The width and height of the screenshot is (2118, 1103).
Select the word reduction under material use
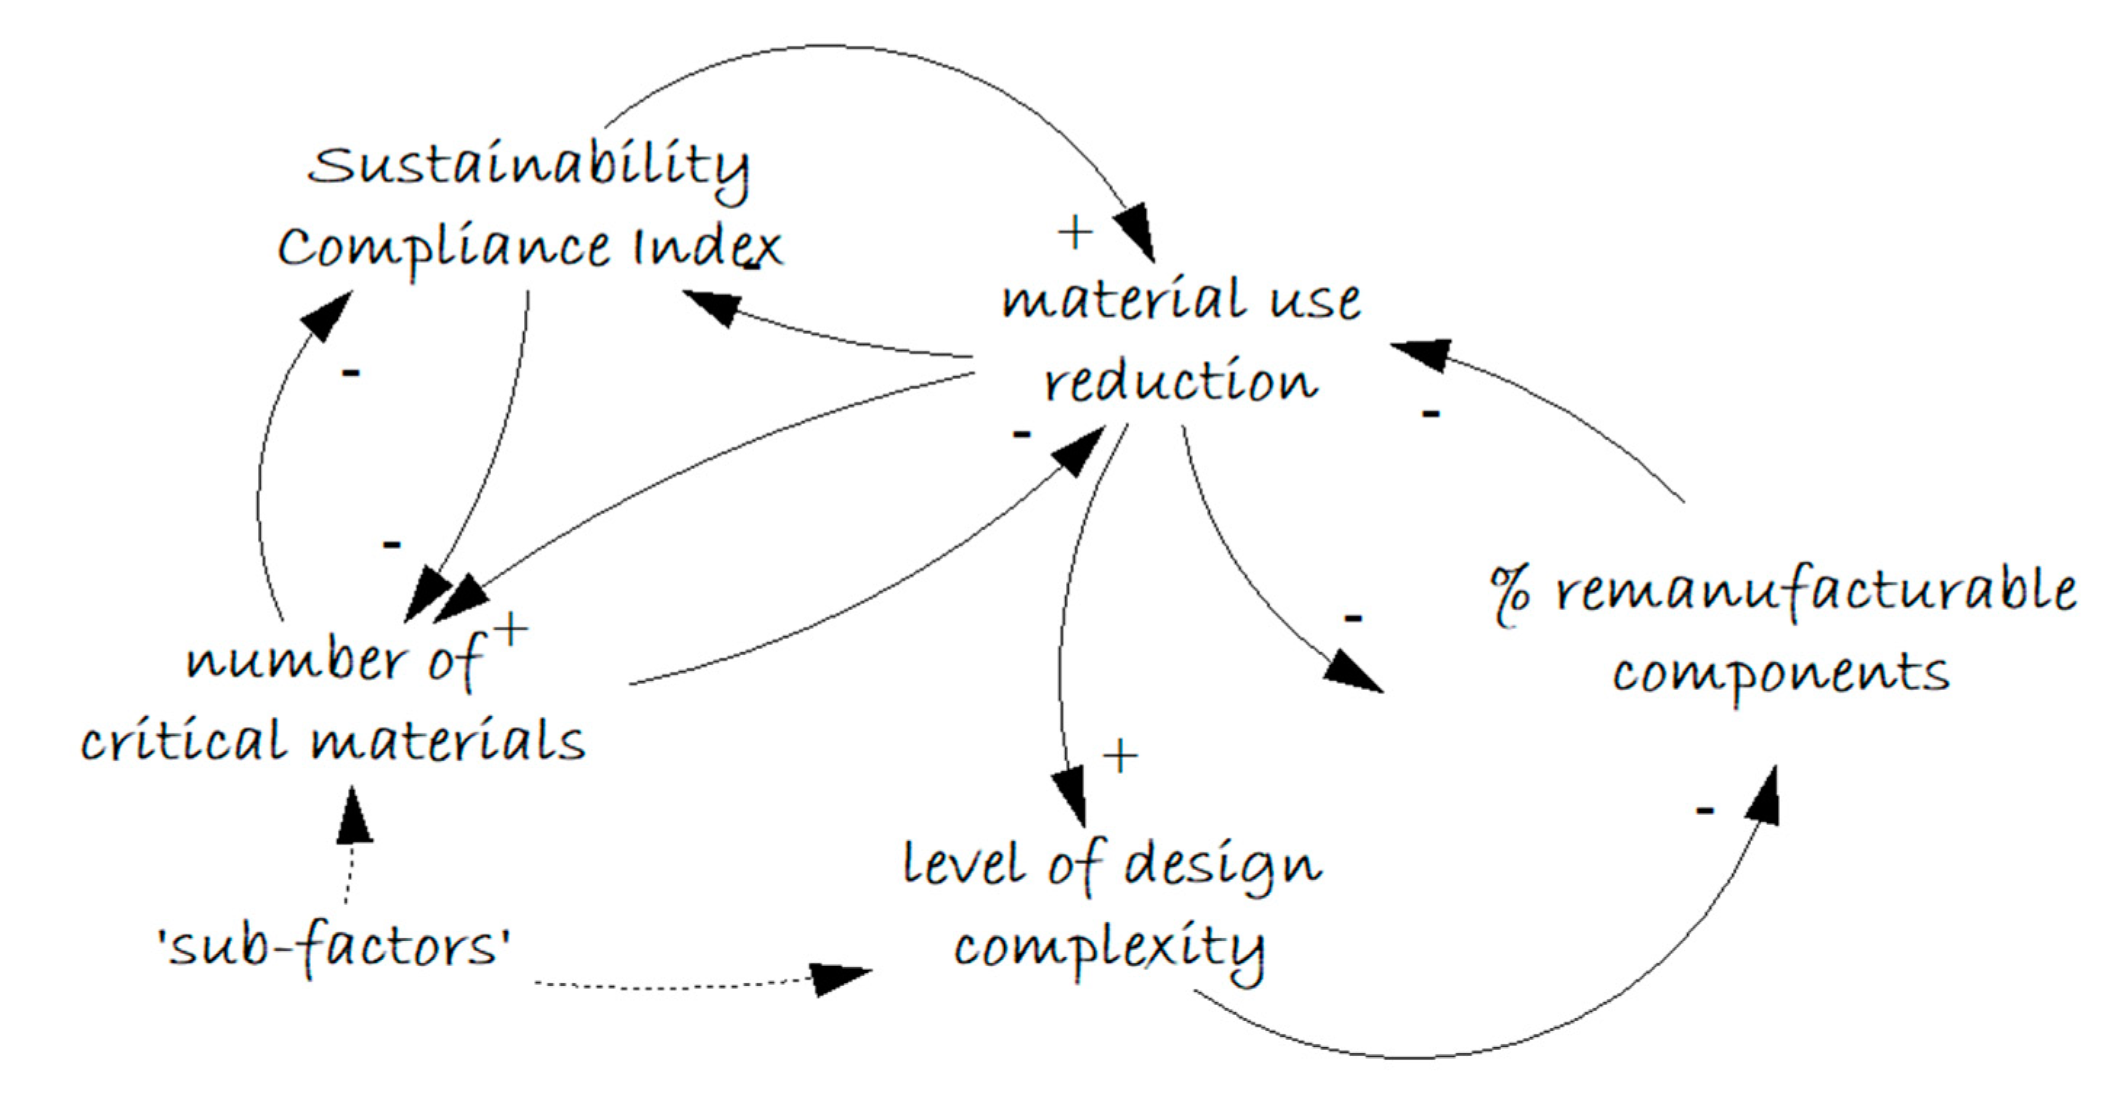coord(1181,382)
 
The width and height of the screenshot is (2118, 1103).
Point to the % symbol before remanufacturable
coord(1511,597)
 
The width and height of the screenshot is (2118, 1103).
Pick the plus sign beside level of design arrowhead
coord(1120,755)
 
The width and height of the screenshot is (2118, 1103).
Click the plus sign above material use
coord(1075,232)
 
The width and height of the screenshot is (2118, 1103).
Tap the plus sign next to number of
coord(511,631)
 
